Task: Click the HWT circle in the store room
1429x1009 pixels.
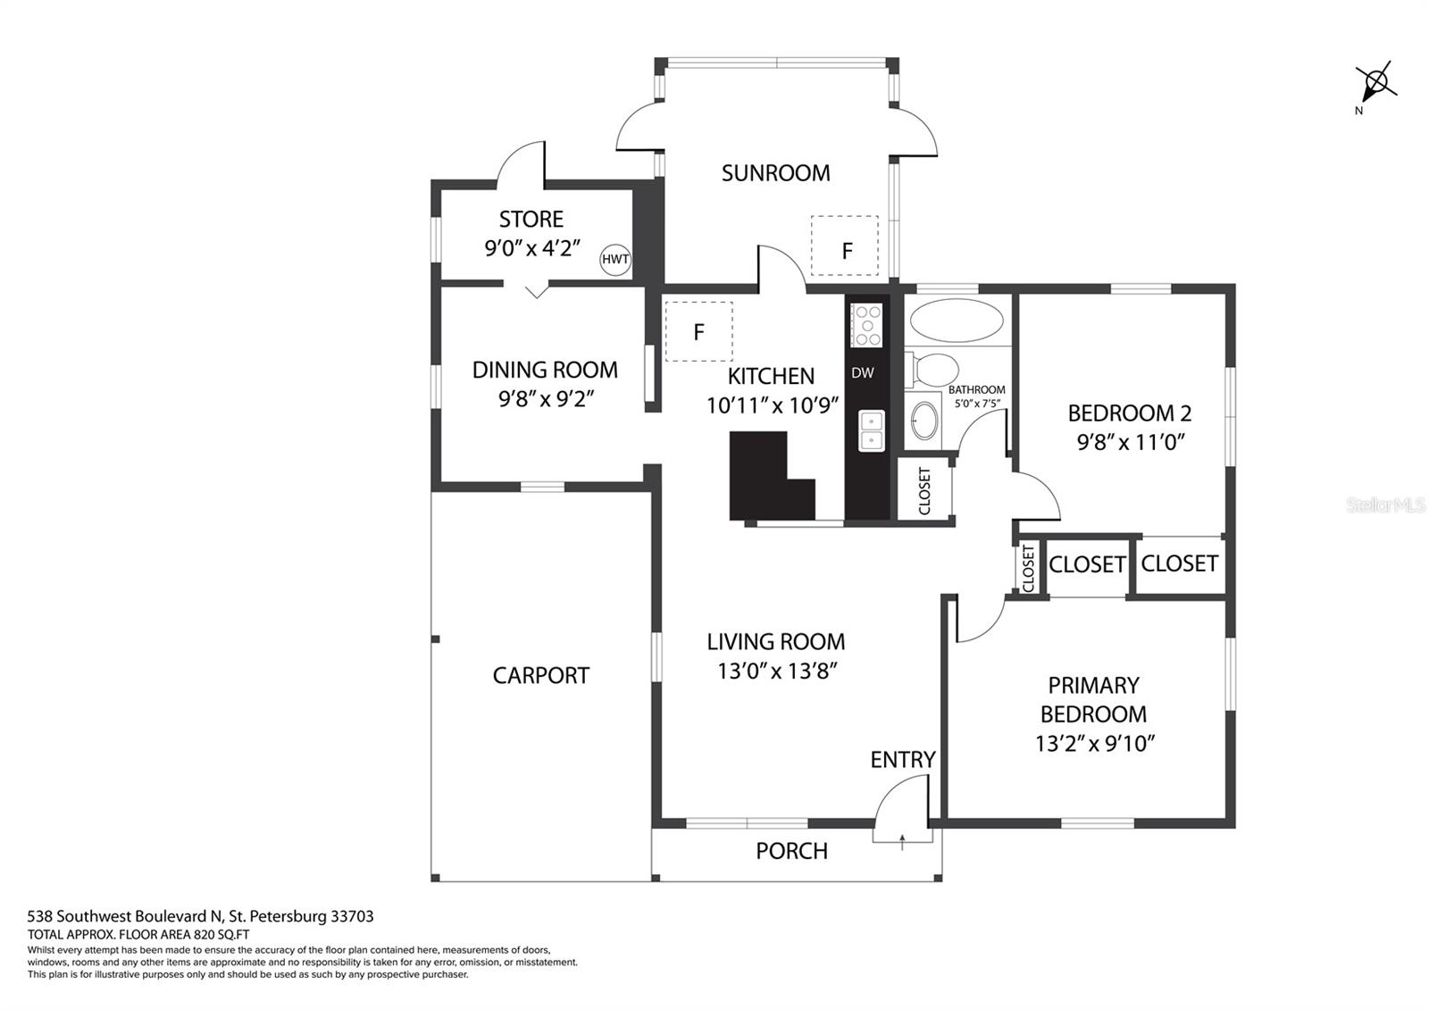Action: pos(615,260)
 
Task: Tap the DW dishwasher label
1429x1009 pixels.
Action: pos(863,373)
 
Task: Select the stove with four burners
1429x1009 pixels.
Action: pos(866,325)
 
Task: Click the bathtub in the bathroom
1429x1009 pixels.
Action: pos(957,321)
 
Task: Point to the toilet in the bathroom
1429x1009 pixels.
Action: pos(932,370)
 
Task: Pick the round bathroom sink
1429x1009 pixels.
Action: pos(924,421)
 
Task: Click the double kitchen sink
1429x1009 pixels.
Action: pos(872,430)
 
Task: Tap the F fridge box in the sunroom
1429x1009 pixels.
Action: pos(845,246)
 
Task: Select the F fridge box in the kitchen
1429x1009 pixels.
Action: pos(698,331)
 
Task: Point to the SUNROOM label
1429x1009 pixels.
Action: pos(776,173)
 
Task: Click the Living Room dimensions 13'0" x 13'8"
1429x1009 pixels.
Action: pos(777,671)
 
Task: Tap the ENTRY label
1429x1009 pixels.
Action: pos(903,760)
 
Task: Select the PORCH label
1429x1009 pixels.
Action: pos(791,851)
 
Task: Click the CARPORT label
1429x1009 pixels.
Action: pos(541,675)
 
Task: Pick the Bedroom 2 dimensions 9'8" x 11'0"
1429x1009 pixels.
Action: pos(1131,442)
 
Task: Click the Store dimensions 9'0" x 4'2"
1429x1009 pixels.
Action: pos(532,248)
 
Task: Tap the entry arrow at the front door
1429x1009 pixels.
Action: pos(902,842)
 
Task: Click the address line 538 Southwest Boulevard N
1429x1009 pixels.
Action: pos(125,916)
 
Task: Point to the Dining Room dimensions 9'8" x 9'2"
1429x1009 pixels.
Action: pos(546,399)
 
